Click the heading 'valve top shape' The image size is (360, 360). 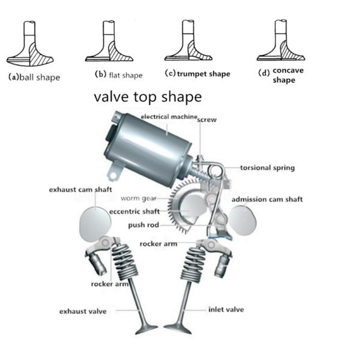click(x=147, y=96)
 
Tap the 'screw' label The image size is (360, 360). click(x=207, y=120)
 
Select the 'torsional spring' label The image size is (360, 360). click(x=268, y=168)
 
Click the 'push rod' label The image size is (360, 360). click(x=144, y=225)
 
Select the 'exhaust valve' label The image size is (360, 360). click(x=83, y=311)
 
